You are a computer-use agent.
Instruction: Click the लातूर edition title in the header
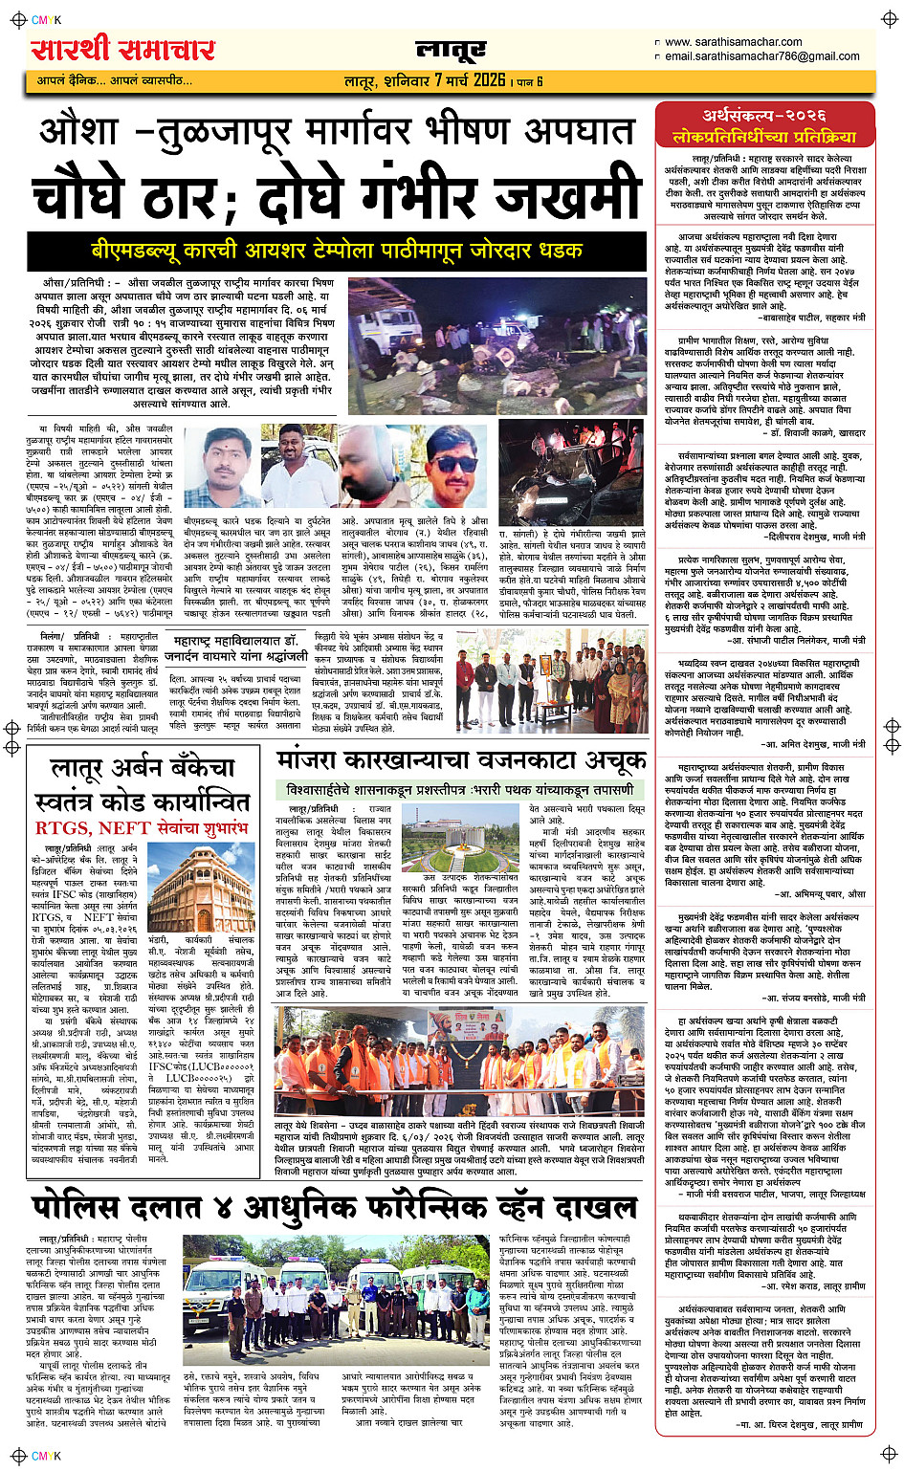click(x=451, y=51)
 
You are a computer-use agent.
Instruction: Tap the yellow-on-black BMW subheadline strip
click(x=337, y=252)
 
